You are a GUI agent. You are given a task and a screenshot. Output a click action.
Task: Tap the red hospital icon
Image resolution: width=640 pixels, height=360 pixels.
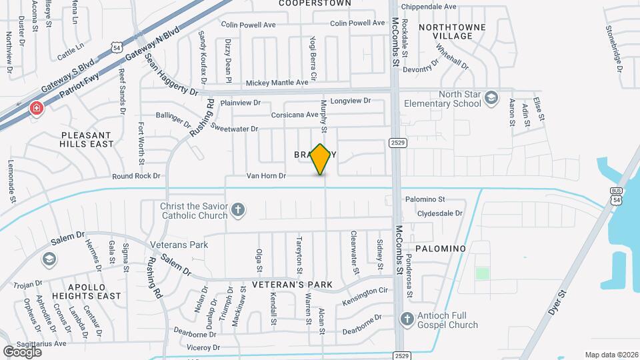(36, 108)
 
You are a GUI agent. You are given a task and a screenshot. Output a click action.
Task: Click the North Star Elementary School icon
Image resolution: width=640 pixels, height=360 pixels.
(491, 98)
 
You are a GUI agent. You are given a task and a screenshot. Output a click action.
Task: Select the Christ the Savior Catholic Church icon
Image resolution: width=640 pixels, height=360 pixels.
(237, 211)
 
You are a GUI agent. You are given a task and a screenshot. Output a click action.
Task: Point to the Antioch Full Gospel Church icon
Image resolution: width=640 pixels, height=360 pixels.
(407, 319)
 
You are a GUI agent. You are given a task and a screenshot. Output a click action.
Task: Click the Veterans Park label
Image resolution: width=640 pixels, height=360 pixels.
(179, 245)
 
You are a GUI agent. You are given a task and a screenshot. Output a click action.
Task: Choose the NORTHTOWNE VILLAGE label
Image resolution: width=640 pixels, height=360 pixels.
(451, 31)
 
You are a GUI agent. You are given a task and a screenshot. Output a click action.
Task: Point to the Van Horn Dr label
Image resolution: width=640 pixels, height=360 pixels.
(266, 176)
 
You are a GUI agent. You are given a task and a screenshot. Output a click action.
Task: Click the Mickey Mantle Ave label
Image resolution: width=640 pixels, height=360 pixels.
(277, 83)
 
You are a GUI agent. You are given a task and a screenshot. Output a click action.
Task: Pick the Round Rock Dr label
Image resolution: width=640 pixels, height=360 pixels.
(137, 176)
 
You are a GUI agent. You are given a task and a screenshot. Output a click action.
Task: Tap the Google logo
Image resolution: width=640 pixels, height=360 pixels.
(22, 351)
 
